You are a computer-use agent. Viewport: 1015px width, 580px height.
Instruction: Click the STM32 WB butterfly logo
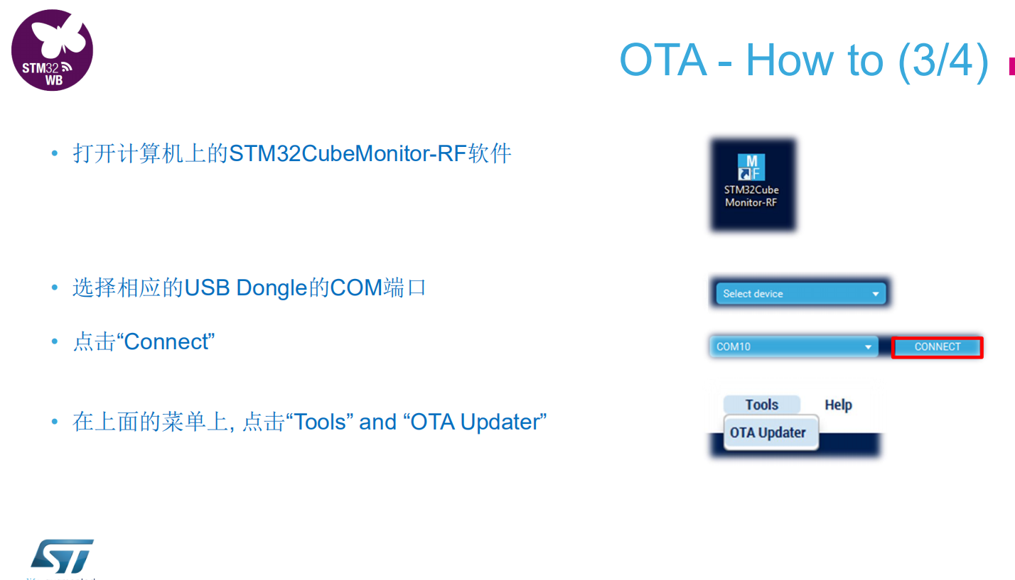click(52, 50)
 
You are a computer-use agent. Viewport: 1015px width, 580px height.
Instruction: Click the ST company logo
click(62, 557)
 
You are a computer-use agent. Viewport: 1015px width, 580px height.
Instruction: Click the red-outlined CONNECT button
click(937, 347)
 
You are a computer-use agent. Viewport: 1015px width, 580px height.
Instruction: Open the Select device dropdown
click(800, 294)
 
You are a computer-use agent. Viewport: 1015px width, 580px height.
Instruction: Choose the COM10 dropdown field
click(793, 347)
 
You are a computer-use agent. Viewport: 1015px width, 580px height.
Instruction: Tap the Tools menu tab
click(762, 405)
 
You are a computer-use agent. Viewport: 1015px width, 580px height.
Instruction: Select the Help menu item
click(838, 405)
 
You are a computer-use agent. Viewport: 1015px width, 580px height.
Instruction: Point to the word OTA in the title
click(663, 60)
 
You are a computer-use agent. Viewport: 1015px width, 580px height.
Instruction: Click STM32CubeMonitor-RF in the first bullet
click(348, 153)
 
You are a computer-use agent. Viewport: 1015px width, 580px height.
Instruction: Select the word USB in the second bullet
click(207, 288)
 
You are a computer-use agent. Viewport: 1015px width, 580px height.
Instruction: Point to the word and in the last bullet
click(377, 422)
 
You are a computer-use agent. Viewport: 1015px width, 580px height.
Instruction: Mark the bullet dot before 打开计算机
click(55, 154)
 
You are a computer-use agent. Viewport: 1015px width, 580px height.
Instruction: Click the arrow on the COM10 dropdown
click(868, 347)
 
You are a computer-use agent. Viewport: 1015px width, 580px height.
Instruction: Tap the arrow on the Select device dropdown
click(876, 294)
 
